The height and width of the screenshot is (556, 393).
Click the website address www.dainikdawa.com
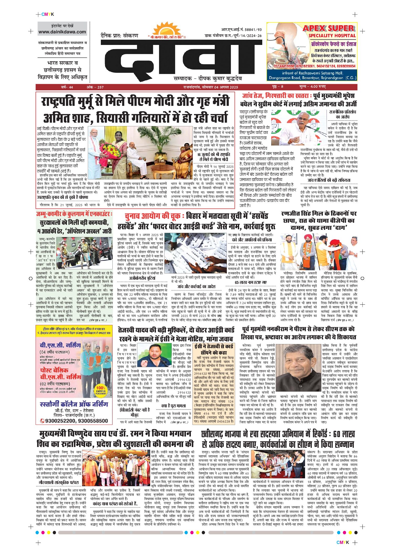(x=62, y=32)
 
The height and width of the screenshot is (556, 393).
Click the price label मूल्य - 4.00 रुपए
(x=312, y=87)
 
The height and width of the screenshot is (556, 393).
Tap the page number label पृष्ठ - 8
(x=277, y=87)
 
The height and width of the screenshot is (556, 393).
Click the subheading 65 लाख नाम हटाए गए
(x=251, y=282)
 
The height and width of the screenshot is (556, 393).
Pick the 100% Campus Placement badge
(x=101, y=390)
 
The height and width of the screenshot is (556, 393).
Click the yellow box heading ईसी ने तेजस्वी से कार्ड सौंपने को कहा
(x=213, y=350)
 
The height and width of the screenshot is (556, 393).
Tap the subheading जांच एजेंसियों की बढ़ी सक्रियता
(x=329, y=180)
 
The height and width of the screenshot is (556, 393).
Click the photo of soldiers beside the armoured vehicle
(x=85, y=252)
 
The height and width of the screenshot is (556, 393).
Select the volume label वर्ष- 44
(x=67, y=87)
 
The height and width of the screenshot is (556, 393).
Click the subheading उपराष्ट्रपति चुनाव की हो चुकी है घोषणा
(x=62, y=197)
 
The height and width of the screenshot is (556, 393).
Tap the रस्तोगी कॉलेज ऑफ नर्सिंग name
(x=74, y=404)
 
